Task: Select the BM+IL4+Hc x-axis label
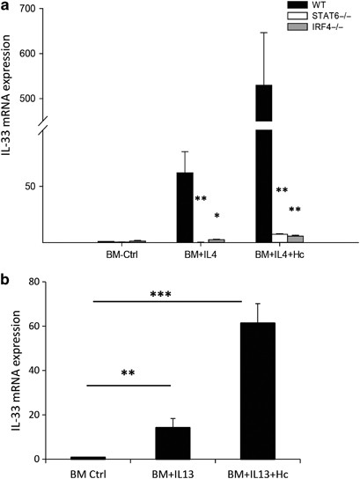pos(279,255)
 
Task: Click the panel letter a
pos(7,8)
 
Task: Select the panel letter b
pos(7,280)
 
